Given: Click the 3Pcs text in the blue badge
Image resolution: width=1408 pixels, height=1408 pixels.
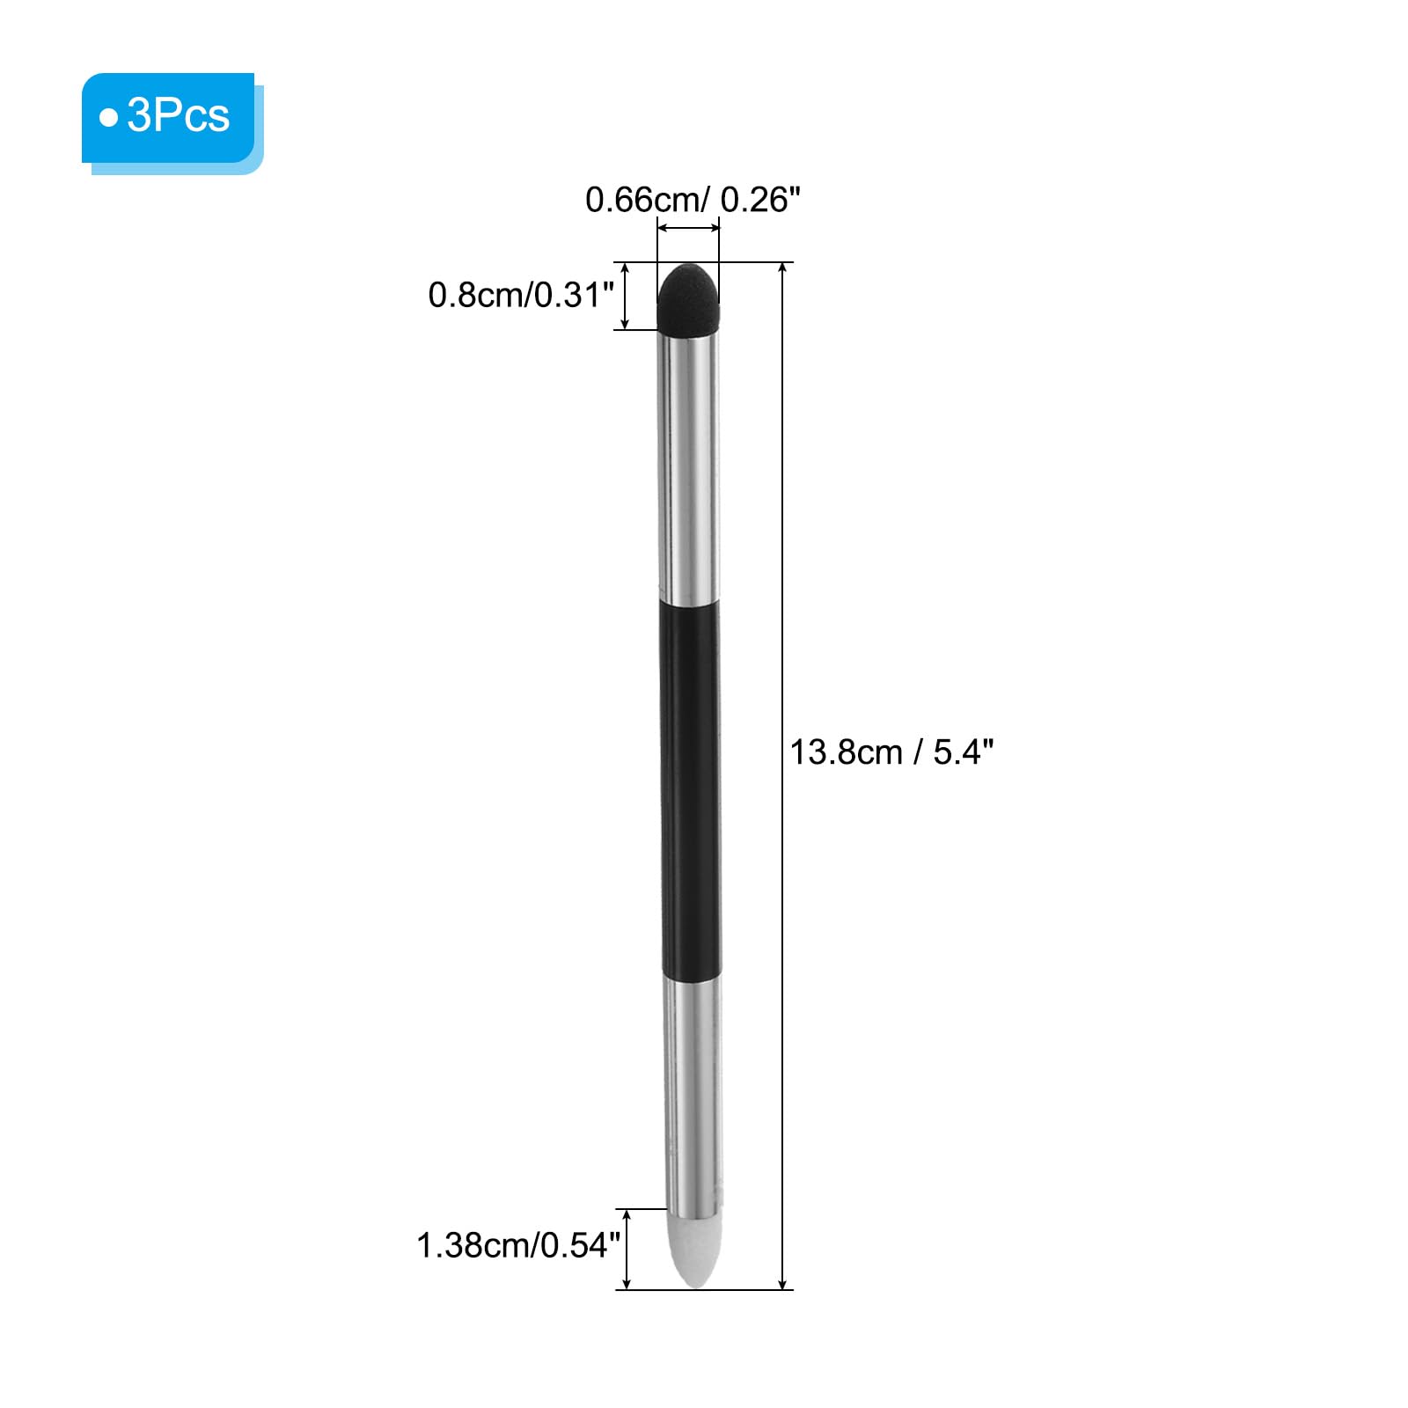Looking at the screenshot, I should coord(179,116).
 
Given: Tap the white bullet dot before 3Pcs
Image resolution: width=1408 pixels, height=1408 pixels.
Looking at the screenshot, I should coord(108,118).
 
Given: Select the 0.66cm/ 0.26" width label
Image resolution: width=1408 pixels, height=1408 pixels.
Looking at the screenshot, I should coord(693,201).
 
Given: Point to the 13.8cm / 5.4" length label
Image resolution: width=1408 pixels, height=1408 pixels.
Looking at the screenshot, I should coord(891,752).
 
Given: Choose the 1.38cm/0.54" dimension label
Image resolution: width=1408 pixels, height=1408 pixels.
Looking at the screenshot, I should coord(517,1245).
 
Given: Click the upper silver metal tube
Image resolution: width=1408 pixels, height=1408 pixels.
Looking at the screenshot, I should coord(689,466).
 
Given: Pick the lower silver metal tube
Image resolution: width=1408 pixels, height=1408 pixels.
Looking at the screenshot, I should coord(693,1091).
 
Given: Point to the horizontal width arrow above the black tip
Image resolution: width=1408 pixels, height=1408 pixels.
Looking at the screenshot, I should coord(688,230).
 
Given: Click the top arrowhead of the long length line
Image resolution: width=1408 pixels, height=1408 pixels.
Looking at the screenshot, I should coord(782,268).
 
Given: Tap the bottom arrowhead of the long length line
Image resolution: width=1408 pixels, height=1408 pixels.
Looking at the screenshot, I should coord(782,1284).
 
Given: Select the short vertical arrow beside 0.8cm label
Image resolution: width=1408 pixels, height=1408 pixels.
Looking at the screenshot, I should coord(626,296).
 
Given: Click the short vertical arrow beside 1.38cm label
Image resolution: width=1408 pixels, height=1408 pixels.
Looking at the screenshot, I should coord(627,1250).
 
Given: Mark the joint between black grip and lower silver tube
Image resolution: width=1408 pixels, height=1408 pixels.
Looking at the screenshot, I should coord(691,976).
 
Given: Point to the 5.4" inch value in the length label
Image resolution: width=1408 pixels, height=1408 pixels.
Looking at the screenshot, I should coord(964,752).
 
